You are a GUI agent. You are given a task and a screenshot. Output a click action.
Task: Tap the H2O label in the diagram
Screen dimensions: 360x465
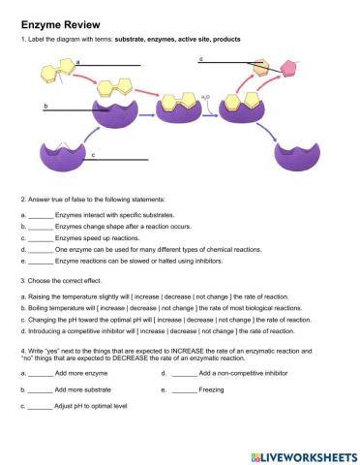click(x=205, y=98)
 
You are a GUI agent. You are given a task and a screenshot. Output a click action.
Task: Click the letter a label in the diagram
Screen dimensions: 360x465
click(x=77, y=61)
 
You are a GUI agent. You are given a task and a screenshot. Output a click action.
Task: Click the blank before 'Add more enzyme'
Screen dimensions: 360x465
click(x=40, y=373)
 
